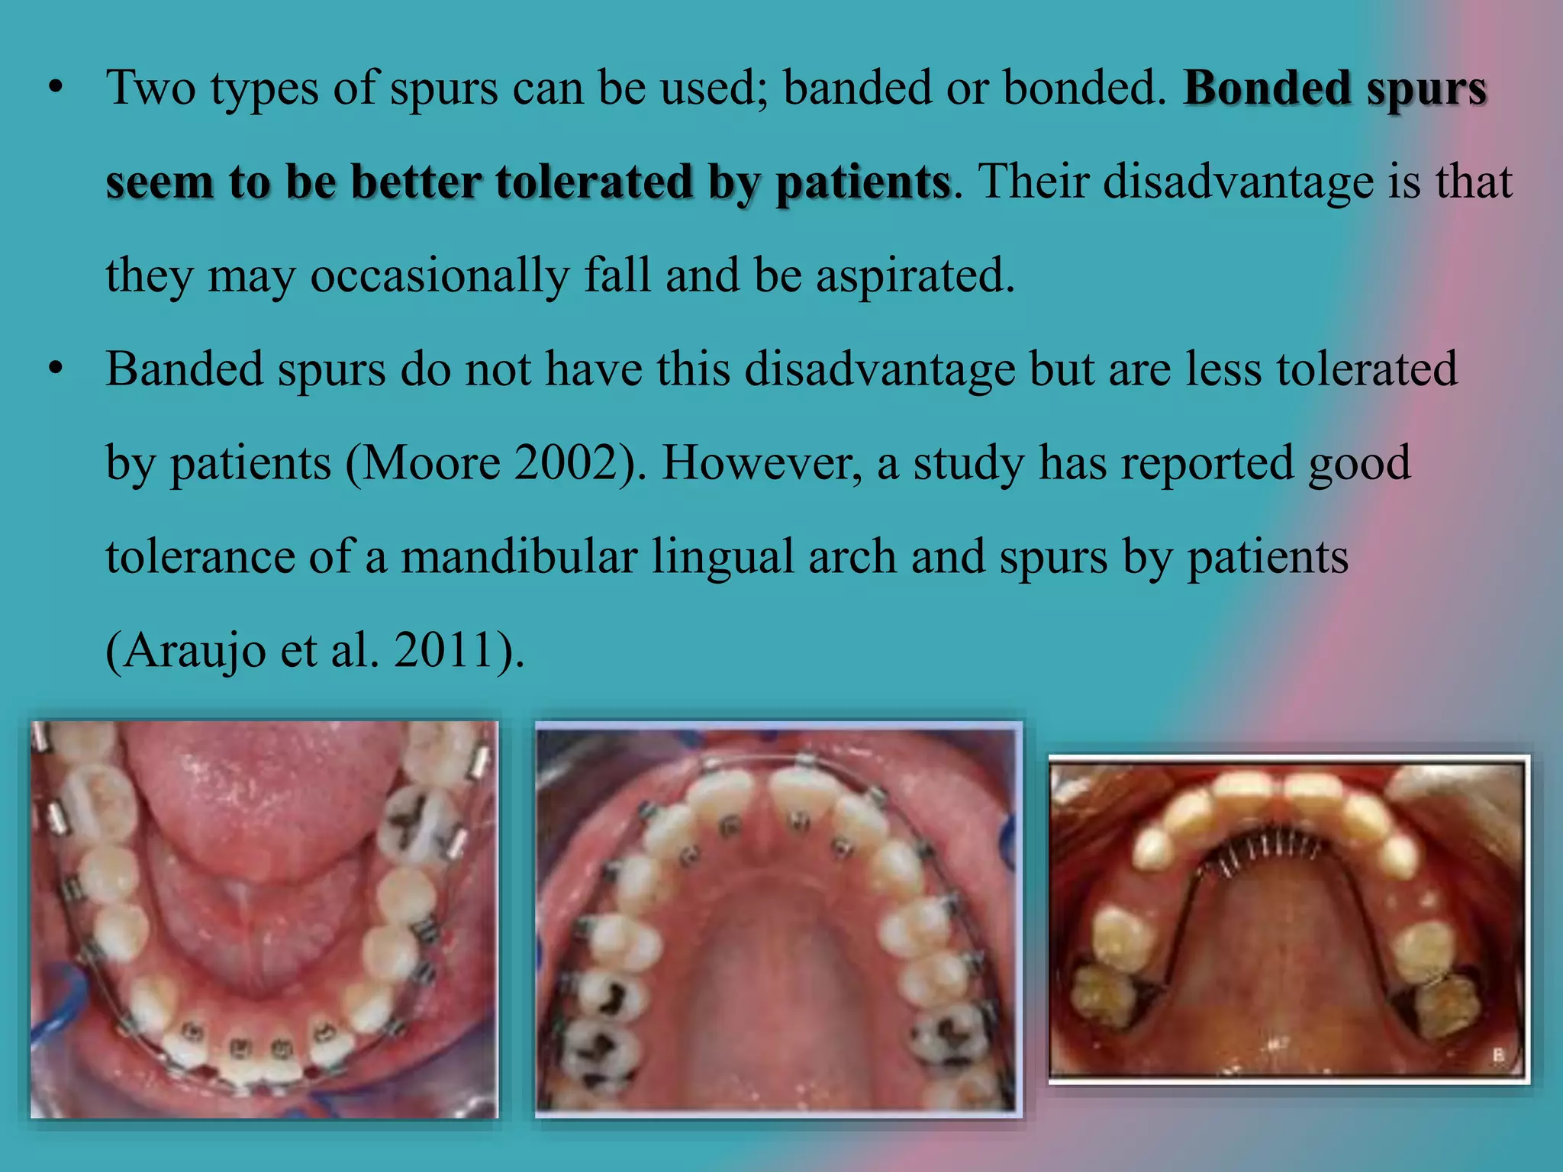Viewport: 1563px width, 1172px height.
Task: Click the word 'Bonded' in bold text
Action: (x=1267, y=89)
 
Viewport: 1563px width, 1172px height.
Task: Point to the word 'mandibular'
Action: (x=519, y=556)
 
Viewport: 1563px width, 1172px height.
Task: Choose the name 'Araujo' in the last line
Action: (x=195, y=651)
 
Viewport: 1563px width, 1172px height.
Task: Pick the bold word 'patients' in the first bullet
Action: (x=862, y=182)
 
